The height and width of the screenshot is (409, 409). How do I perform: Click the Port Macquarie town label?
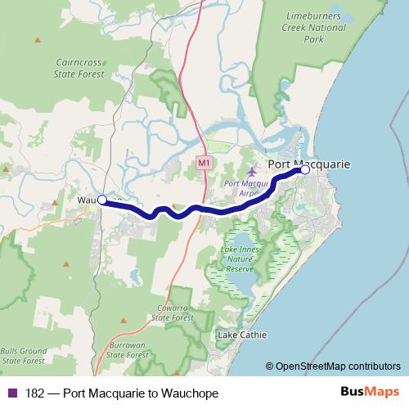[x=308, y=164]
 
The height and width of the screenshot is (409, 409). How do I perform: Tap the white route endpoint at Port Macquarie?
[x=305, y=171]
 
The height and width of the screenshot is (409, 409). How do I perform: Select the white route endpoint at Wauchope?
[x=102, y=200]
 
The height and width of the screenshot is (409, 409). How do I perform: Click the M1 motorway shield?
[x=204, y=164]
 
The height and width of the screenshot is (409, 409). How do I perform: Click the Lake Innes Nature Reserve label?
[x=240, y=258]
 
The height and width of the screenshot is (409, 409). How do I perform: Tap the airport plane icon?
[x=251, y=173]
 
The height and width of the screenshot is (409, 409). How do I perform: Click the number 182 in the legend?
[x=35, y=393]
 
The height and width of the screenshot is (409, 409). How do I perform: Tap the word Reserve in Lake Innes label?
[x=240, y=268]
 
